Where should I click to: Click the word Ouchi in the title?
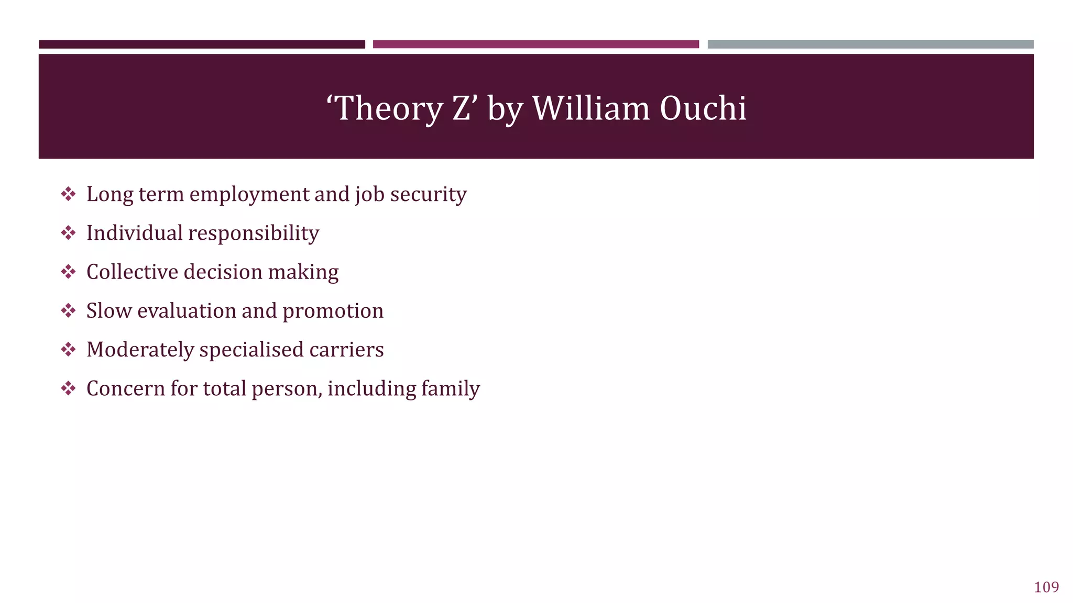[x=703, y=108]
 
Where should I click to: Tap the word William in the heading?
[x=591, y=108]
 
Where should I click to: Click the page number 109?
[x=1046, y=587]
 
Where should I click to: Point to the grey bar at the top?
[x=870, y=44]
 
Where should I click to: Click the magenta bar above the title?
[x=535, y=44]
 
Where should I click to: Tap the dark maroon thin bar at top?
[x=202, y=44]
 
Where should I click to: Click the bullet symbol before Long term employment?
[x=68, y=194]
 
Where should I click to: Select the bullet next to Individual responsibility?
[x=68, y=233]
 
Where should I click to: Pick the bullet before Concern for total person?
[x=68, y=388]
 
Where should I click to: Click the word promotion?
[x=333, y=311]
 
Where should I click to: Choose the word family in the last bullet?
[x=450, y=388]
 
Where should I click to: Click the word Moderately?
[x=140, y=350]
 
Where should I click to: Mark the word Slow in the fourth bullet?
[x=108, y=311]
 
